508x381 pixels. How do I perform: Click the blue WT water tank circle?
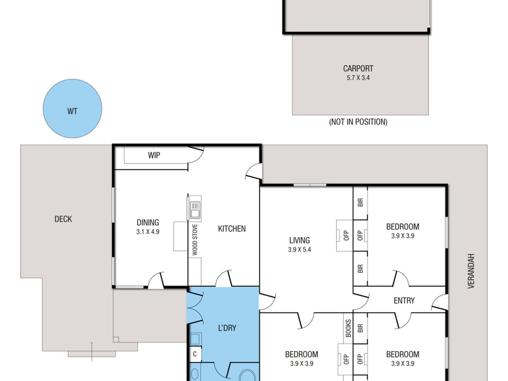click(72, 108)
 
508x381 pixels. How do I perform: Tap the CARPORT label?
click(358, 69)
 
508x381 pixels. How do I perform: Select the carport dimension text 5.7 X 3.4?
click(358, 78)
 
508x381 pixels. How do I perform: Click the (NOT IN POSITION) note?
click(358, 122)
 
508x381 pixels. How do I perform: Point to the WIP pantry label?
click(154, 155)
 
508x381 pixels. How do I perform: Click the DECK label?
click(63, 219)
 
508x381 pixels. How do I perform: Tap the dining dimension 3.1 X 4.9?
click(148, 232)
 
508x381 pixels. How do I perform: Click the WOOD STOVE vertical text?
click(195, 240)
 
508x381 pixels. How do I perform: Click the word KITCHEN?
click(232, 229)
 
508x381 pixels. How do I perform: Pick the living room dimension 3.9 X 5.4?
click(299, 250)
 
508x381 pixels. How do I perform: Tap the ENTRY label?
click(404, 301)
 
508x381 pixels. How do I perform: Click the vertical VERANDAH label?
click(471, 271)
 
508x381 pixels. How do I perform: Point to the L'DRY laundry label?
click(227, 328)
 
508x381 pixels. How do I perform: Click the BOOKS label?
click(348, 328)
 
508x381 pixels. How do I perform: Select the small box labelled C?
click(195, 354)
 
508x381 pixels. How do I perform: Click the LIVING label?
click(299, 240)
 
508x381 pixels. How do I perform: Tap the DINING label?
click(148, 223)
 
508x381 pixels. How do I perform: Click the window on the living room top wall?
click(310, 185)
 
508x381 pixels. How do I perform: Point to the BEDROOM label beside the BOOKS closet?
click(301, 354)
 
